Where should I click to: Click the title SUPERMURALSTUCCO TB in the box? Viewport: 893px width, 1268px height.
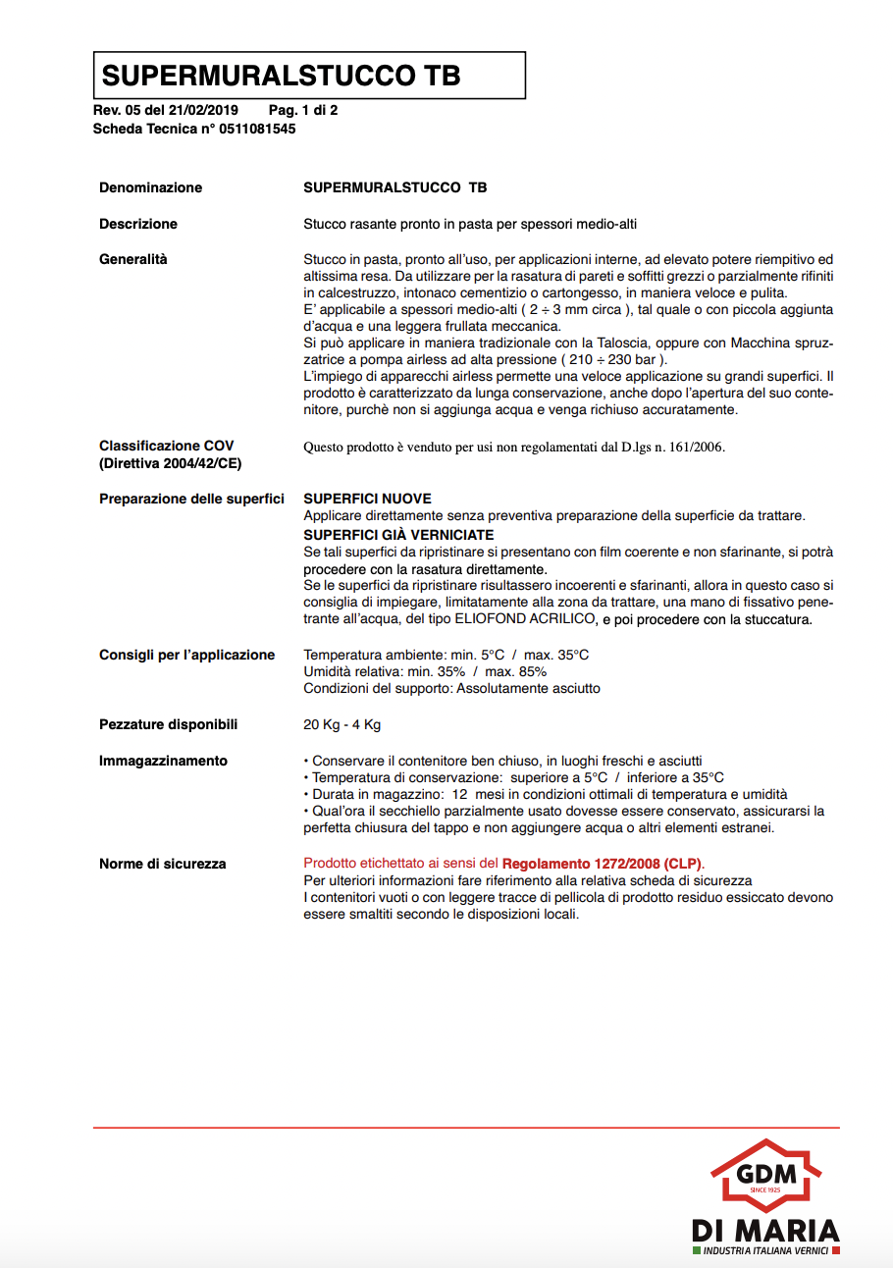282,76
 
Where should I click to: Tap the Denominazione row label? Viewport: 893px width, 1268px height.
150,187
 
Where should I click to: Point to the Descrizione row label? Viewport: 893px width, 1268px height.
138,224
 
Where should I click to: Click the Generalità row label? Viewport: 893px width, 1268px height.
133,259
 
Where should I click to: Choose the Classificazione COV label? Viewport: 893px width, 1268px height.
167,446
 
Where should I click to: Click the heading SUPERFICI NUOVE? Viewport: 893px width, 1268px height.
367,500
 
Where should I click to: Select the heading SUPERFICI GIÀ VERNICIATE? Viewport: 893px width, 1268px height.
398,535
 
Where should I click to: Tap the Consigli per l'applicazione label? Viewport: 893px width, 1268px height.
187,655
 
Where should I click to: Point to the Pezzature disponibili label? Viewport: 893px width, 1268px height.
169,724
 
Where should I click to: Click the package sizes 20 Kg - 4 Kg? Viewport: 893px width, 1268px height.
341,725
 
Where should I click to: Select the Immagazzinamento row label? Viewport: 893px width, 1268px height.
163,761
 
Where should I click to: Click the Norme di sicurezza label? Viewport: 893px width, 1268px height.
163,864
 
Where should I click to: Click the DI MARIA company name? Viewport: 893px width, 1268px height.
765,1231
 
